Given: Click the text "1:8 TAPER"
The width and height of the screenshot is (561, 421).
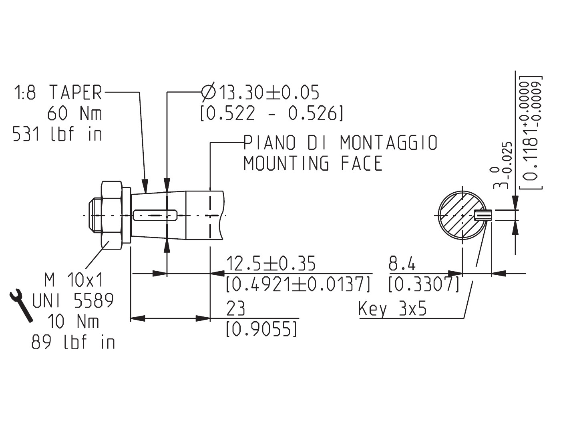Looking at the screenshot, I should click(58, 93).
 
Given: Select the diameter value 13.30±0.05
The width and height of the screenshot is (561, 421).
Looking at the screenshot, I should click(260, 93).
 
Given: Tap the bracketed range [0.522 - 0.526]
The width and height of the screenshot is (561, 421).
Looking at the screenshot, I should click(271, 114).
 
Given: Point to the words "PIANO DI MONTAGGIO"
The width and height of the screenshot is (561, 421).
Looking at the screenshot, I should click(340, 143).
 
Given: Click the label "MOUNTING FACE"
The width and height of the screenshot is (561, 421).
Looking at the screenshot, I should click(313, 163).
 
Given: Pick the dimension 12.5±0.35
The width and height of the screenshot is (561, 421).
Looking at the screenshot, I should click(271, 264).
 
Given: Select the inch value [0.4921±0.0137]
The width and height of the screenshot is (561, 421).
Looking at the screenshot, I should click(298, 284).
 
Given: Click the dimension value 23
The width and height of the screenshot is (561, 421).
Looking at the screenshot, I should click(235, 309).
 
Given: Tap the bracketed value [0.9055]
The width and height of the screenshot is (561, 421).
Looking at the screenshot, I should click(262, 329).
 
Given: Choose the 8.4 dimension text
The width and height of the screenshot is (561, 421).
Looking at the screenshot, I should click(402, 264).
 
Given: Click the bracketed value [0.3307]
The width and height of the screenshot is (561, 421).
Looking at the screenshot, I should click(424, 284).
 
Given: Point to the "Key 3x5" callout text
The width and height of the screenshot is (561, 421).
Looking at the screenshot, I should click(392, 309).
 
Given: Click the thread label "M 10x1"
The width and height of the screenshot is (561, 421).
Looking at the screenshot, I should click(74, 280).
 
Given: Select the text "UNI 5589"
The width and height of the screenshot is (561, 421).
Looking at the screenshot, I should click(73, 300).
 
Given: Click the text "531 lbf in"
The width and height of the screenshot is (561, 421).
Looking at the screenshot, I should click(58, 134).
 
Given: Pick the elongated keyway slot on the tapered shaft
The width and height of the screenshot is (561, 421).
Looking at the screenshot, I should click(155, 215).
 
